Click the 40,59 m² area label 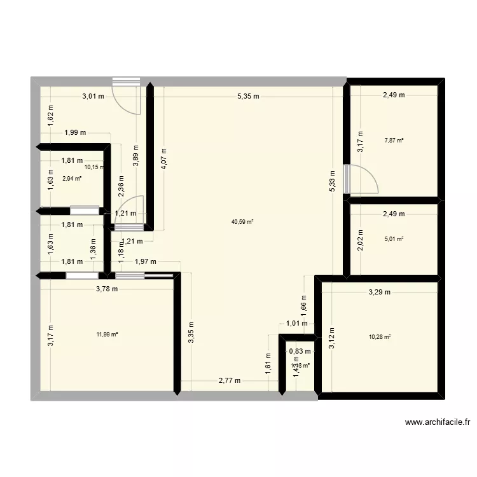click(243, 222)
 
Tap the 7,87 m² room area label click(394, 141)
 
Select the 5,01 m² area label click(394, 239)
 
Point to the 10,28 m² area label click(380, 337)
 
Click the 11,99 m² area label click(107, 334)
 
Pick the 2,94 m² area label click(72, 179)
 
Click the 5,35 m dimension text click(248, 97)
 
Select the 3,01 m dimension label click(92, 97)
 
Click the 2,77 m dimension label click(229, 381)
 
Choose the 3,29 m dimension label click(380, 293)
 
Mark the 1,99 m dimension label click(74, 133)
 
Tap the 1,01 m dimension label click(297, 323)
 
